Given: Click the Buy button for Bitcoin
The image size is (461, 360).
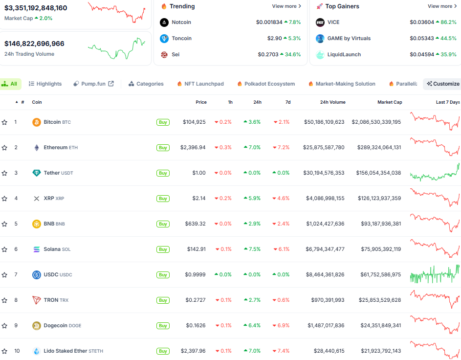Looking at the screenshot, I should [x=163, y=122].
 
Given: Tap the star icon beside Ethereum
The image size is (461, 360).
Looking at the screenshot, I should [x=4, y=148].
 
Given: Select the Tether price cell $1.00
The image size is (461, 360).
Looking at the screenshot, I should [x=198, y=173].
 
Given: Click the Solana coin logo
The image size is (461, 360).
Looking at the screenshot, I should [x=37, y=249].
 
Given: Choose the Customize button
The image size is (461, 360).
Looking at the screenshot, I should [x=442, y=84].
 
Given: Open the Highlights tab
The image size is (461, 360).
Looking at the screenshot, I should [x=45, y=84].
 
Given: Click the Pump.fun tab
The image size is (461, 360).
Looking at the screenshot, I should [x=93, y=84].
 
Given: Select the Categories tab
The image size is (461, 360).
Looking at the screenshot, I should [x=146, y=84].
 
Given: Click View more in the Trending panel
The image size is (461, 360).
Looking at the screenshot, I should [x=286, y=6].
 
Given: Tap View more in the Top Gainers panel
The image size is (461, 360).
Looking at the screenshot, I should [x=442, y=6].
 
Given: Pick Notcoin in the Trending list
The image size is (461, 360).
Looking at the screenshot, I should [x=181, y=22].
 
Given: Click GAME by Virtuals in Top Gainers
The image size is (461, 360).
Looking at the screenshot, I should [x=349, y=39].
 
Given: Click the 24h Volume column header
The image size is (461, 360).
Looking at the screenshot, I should [x=332, y=102].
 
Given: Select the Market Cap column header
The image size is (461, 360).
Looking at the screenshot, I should [x=390, y=102].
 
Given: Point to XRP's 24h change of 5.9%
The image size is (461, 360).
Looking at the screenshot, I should [x=252, y=199].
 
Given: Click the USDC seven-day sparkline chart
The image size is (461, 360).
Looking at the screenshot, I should [x=435, y=275].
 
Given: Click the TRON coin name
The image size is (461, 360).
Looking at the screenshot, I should [x=51, y=300].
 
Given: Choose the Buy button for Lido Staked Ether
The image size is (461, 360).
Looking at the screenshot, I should [x=163, y=351].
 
